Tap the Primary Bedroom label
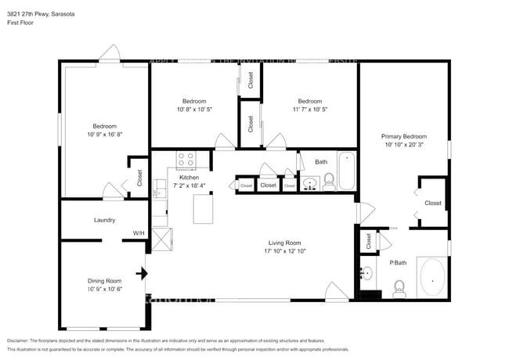403,136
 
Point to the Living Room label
283,243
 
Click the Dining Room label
103,280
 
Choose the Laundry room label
104,221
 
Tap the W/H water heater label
138,233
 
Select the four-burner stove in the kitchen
186,160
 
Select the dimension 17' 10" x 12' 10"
283,251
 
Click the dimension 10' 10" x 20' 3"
403,145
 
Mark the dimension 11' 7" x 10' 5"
309,110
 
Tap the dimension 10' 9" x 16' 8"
104,135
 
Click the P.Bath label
399,263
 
